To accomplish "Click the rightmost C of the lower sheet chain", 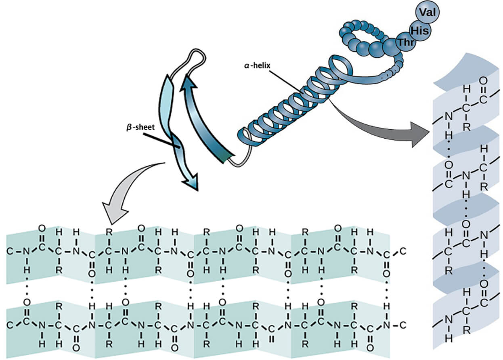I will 402,324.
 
